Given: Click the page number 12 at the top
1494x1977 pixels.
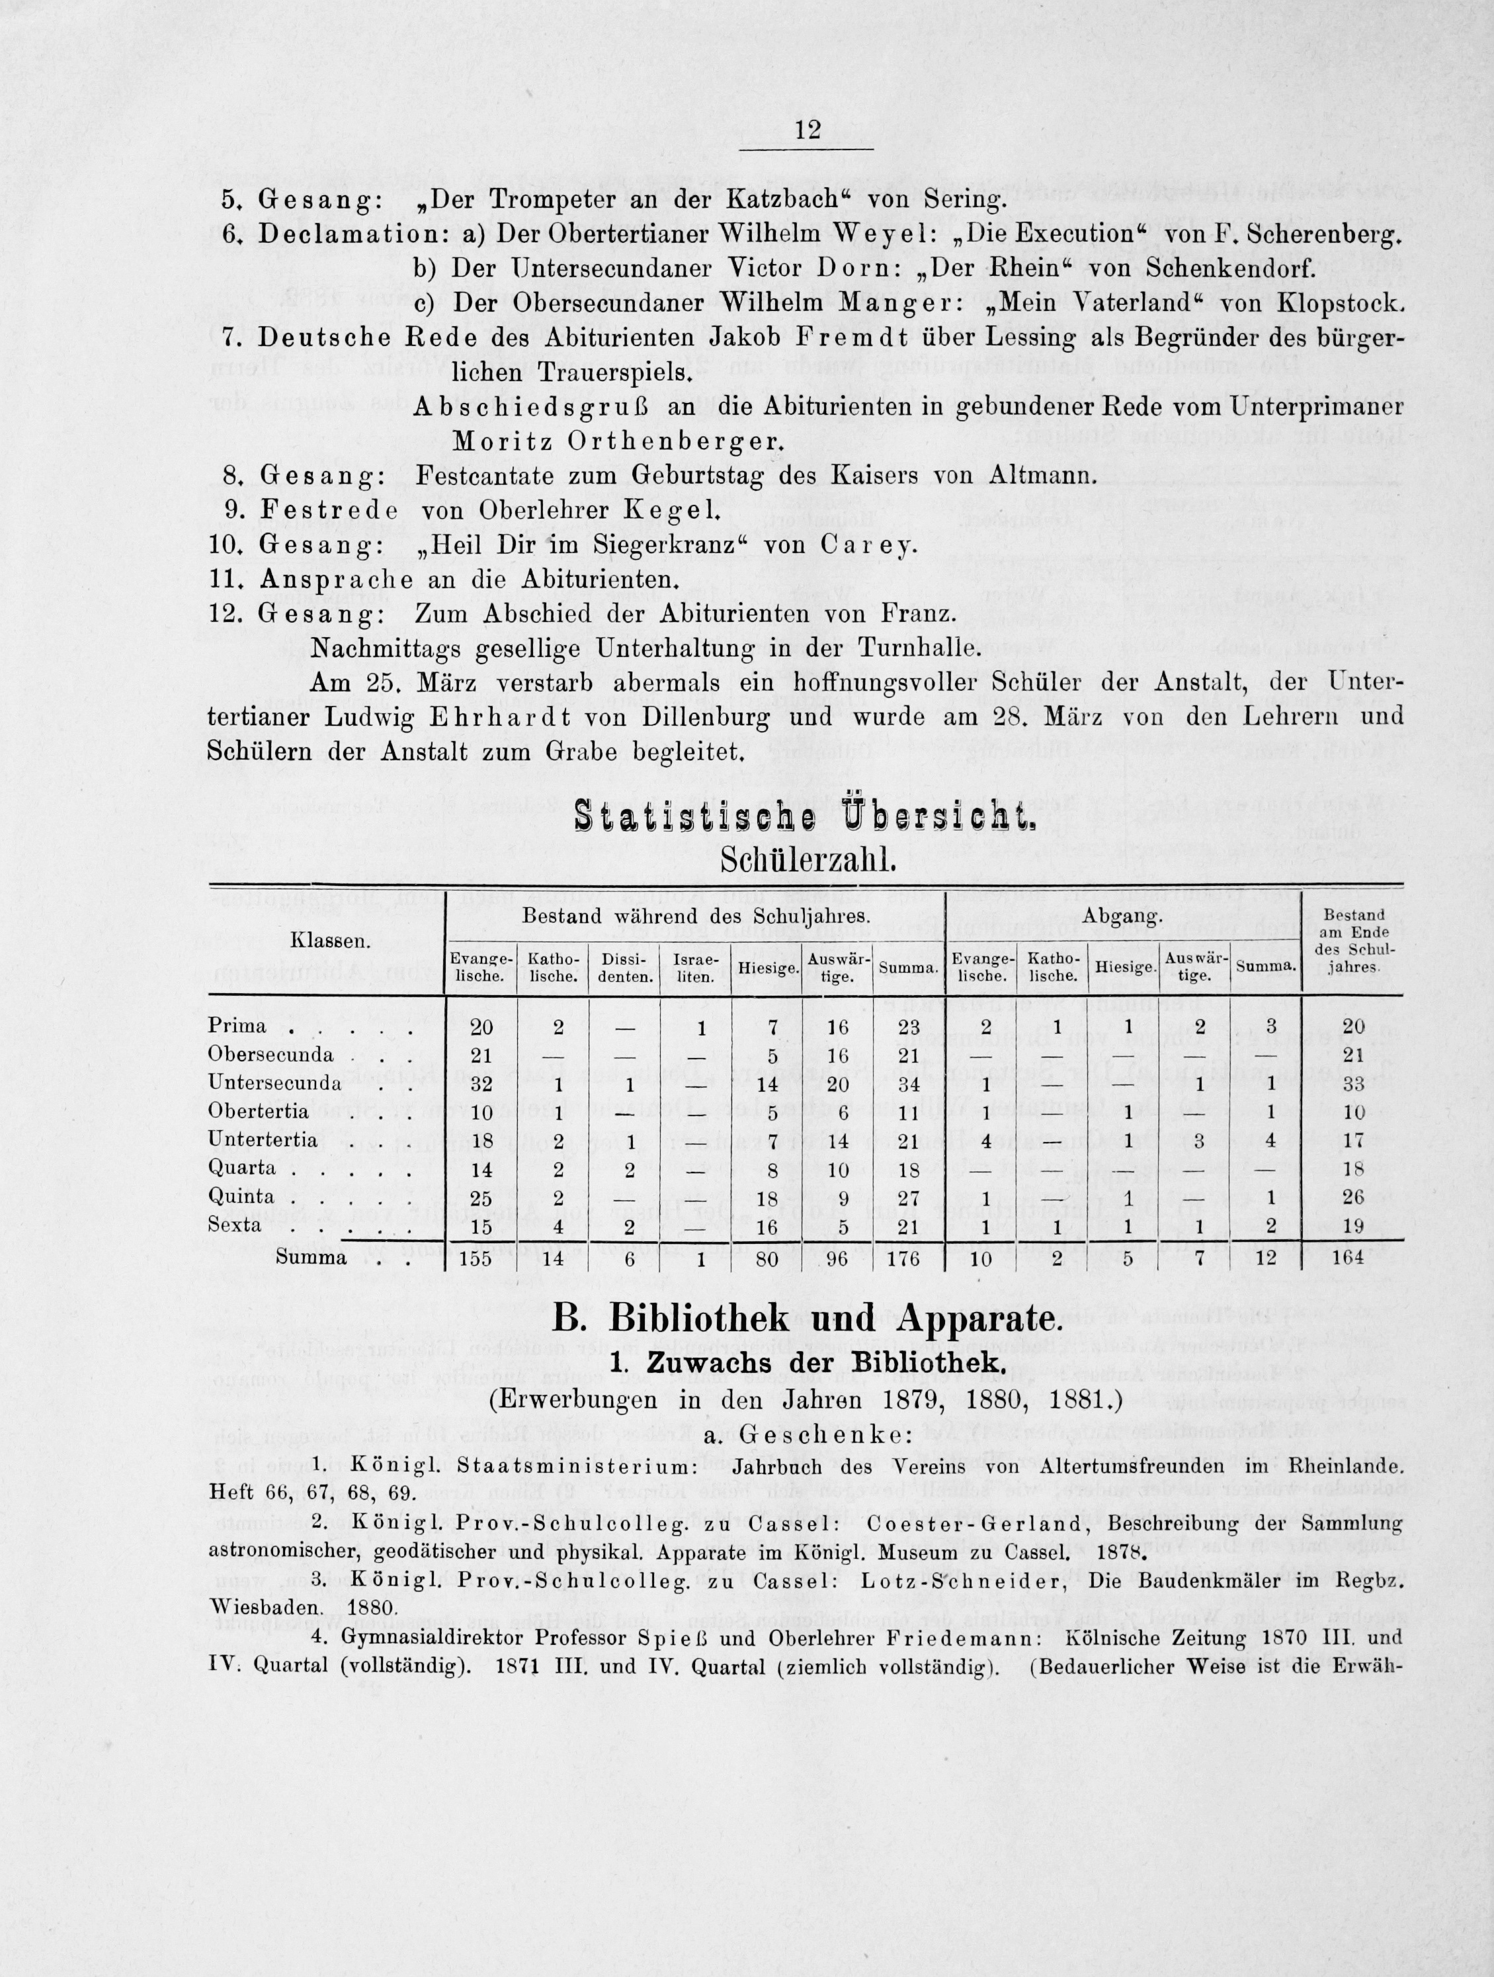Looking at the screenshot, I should pos(807,130).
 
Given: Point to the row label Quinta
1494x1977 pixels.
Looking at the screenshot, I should pos(241,1196).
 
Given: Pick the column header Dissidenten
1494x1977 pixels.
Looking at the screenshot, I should pos(624,968).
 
